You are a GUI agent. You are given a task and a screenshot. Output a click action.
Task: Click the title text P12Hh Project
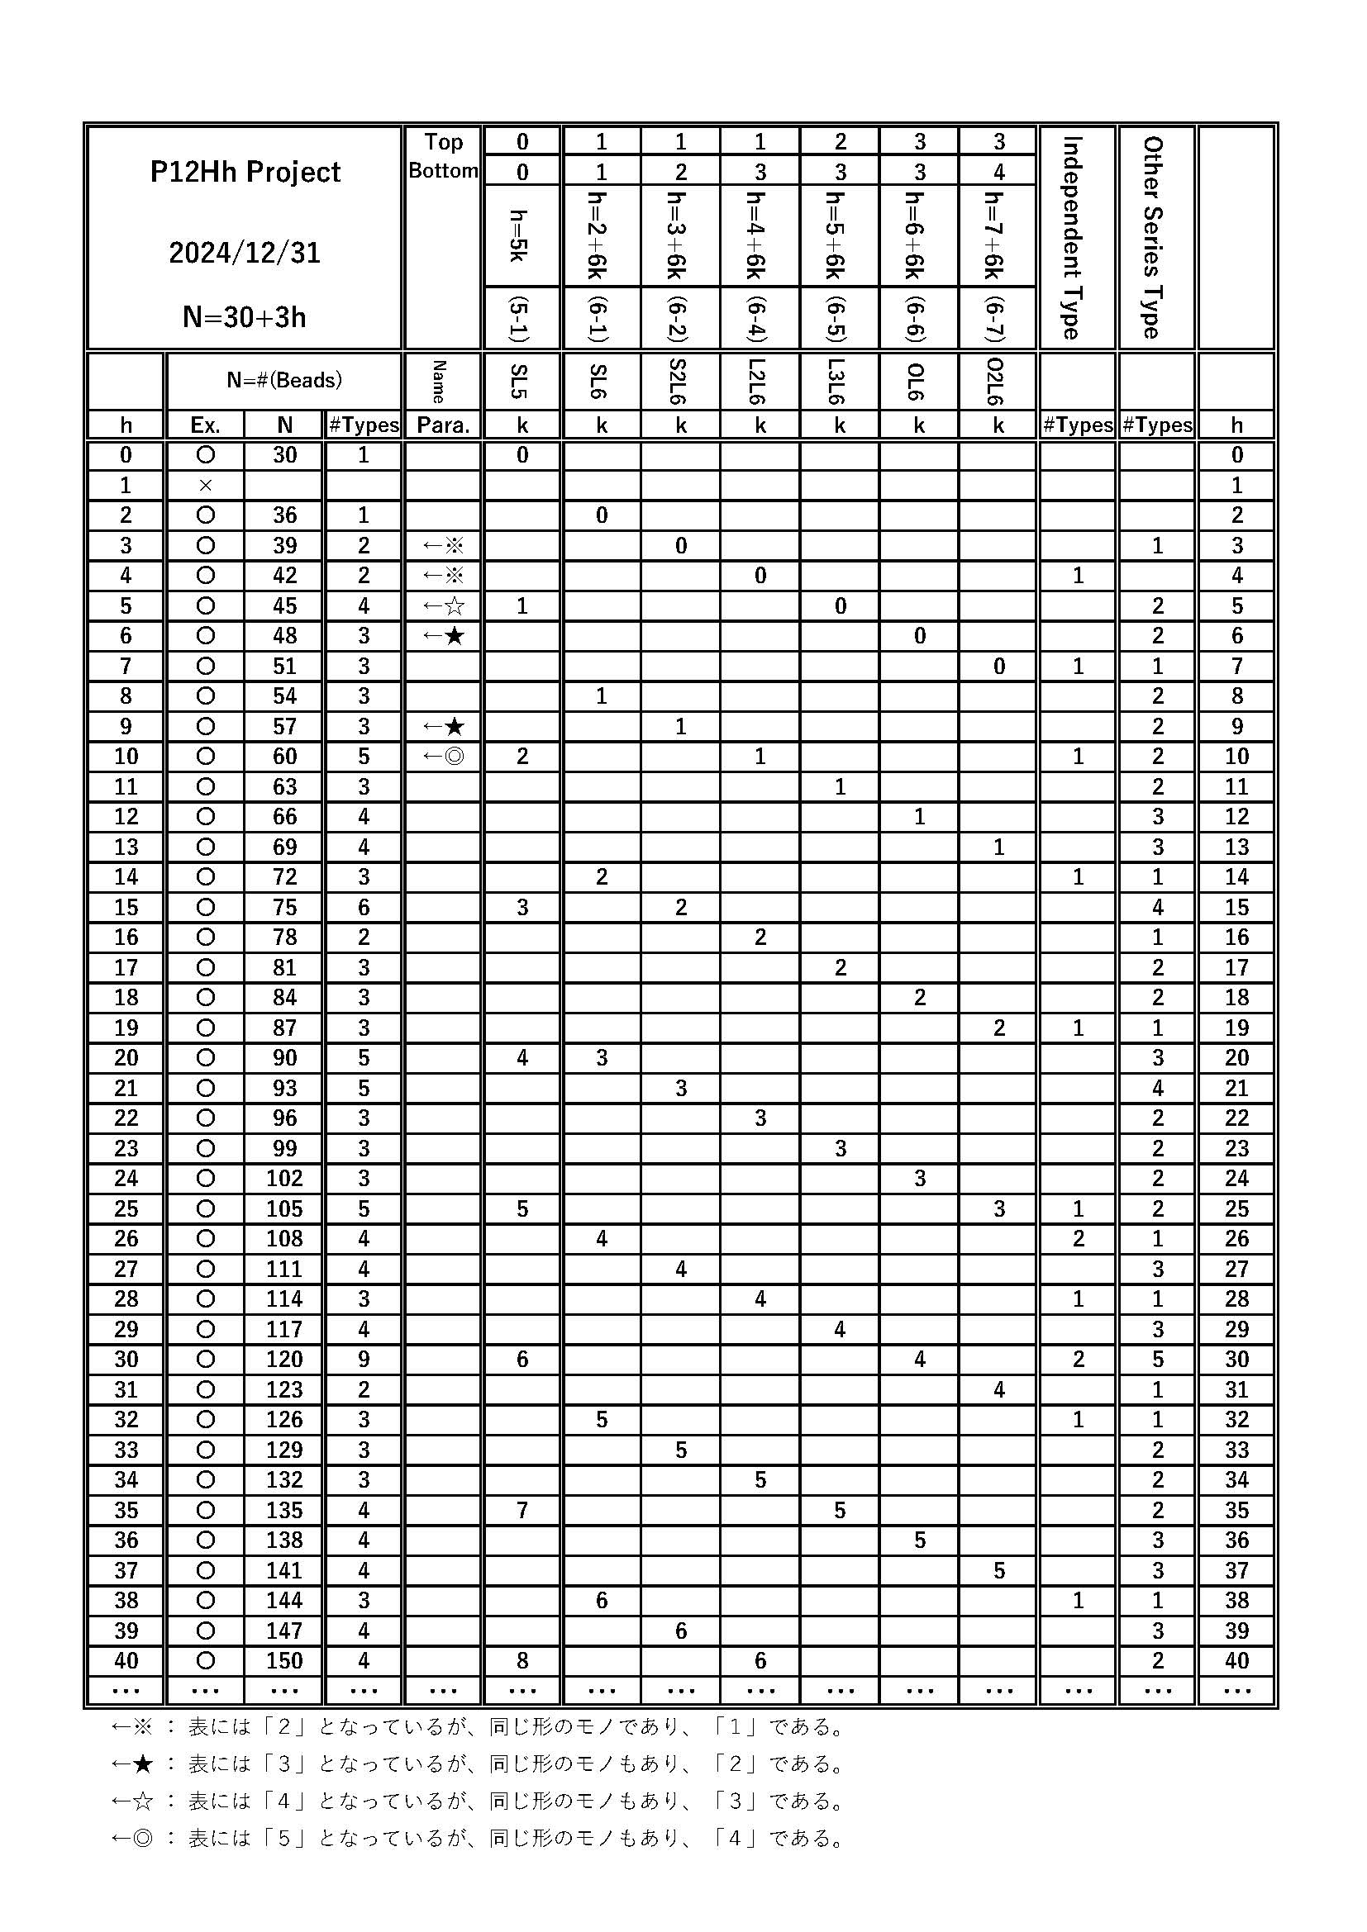(x=245, y=173)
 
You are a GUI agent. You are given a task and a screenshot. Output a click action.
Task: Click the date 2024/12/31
(x=245, y=254)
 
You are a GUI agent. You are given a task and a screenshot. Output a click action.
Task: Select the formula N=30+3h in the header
(x=245, y=317)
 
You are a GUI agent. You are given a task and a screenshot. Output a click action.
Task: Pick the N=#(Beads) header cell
(x=284, y=380)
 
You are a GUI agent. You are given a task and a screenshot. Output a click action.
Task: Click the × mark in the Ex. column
(x=206, y=486)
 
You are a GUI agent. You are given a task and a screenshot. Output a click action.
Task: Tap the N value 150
(x=284, y=1660)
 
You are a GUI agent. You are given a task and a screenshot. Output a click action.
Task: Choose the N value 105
(x=284, y=1208)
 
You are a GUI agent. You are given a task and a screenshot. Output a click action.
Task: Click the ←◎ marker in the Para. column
(x=443, y=757)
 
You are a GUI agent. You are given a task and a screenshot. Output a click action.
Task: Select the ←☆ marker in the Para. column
(x=443, y=605)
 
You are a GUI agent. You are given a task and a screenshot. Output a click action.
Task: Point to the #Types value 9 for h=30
(x=364, y=1359)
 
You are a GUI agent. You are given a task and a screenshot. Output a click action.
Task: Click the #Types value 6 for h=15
(x=364, y=907)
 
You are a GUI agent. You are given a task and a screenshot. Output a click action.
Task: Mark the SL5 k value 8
(x=522, y=1660)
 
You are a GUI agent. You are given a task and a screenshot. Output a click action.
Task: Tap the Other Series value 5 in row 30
(x=1157, y=1359)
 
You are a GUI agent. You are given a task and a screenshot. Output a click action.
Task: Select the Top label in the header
(x=443, y=142)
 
